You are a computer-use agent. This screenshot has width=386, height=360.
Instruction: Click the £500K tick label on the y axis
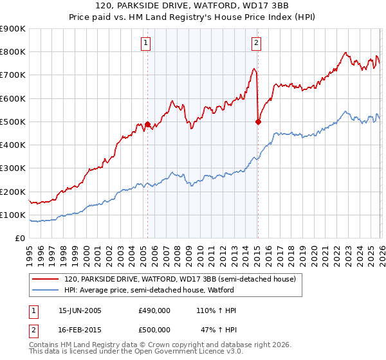click(x=13, y=122)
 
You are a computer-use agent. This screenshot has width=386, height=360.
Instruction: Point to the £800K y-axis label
click(x=13, y=51)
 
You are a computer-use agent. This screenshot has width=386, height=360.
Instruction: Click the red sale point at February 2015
click(x=258, y=122)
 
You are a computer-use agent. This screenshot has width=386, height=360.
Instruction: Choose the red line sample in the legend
click(x=46, y=280)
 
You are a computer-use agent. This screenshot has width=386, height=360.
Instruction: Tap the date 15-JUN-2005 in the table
click(x=80, y=310)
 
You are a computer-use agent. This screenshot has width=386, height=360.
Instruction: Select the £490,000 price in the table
click(x=154, y=310)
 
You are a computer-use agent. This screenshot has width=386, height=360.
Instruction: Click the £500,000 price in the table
click(x=154, y=329)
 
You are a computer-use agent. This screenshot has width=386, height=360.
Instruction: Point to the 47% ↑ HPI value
click(x=217, y=329)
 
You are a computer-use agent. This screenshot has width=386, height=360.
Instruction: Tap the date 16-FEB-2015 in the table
click(x=80, y=329)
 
